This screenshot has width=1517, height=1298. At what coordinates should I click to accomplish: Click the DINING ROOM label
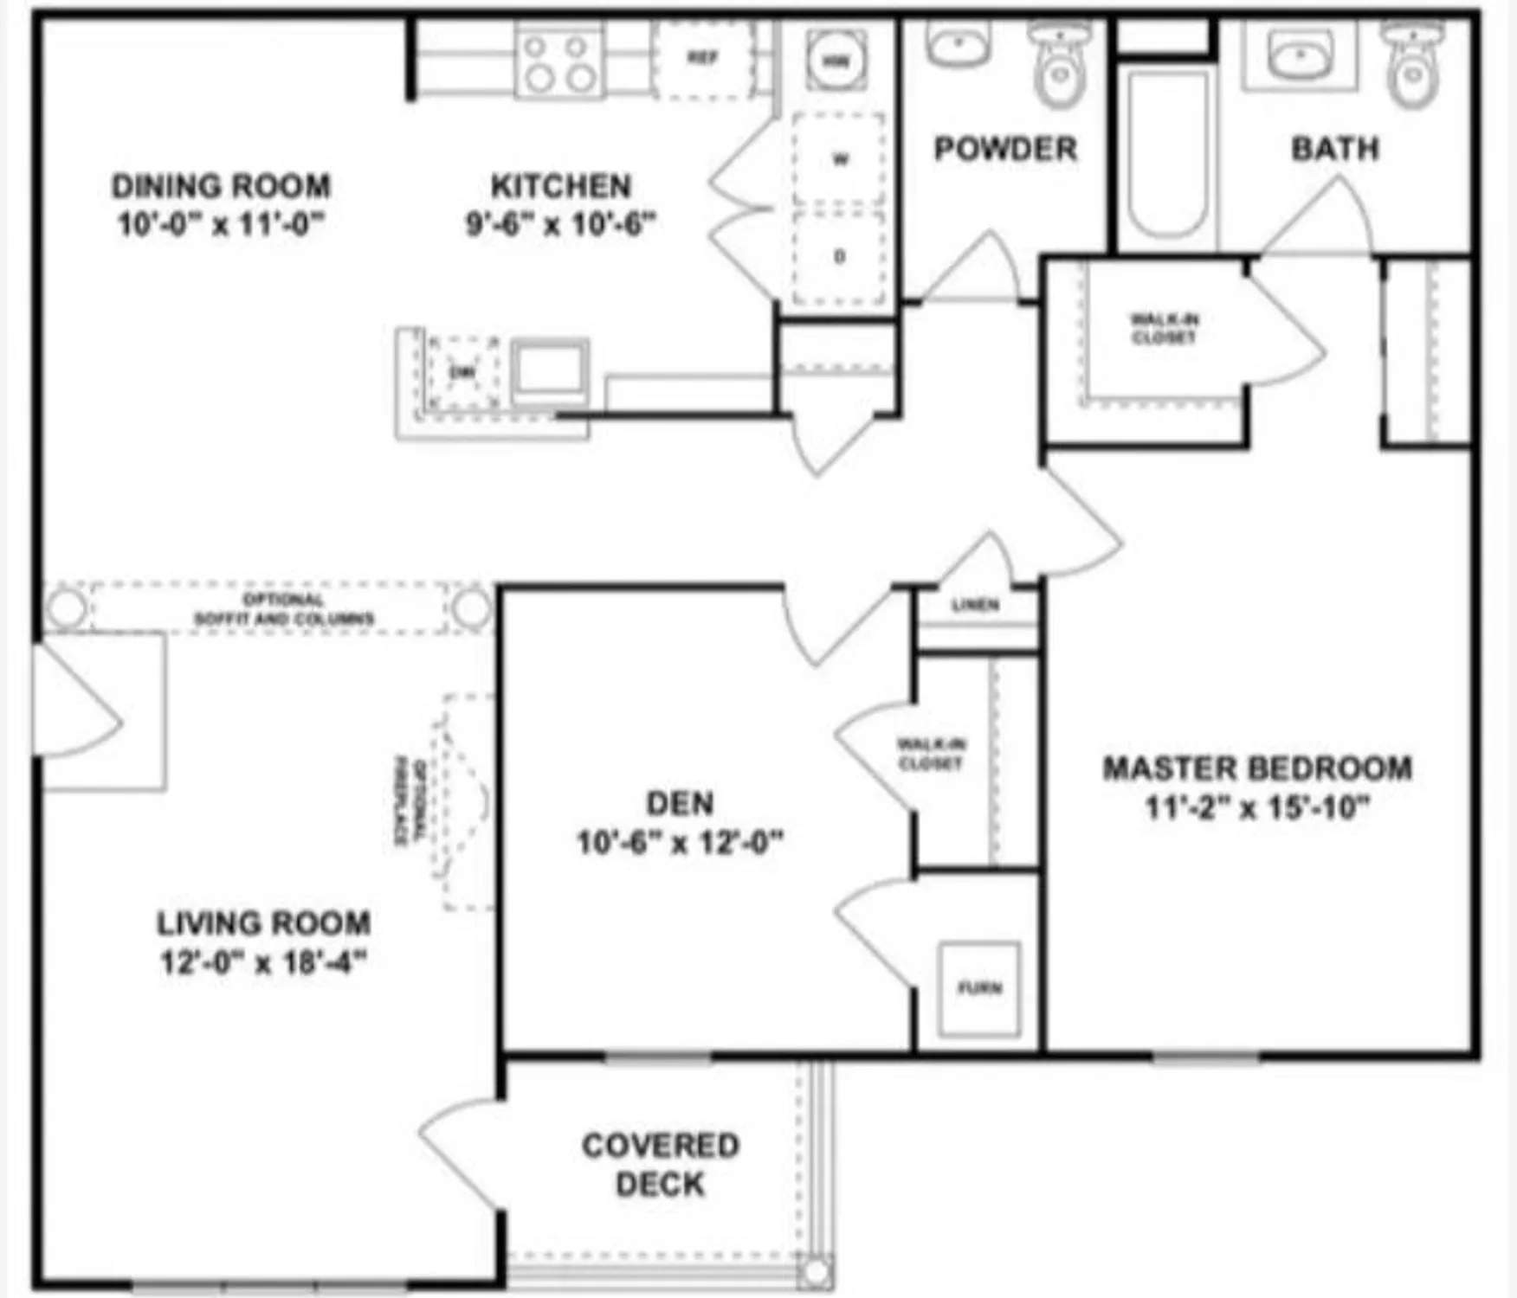pos(221,186)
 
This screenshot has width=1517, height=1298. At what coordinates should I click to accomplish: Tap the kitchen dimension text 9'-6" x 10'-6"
pos(560,224)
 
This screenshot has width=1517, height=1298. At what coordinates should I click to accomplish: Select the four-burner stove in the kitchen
pos(559,61)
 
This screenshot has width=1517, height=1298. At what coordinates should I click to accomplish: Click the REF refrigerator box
pos(702,59)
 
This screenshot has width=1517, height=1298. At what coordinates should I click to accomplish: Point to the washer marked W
pos(839,159)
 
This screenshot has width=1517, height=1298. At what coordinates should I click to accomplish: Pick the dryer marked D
pos(839,257)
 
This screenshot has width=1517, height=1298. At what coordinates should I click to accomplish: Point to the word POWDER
pos(1005,149)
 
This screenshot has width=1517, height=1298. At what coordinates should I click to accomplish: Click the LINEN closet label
pos(976,605)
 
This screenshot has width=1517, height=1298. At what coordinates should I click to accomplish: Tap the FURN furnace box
pos(979,988)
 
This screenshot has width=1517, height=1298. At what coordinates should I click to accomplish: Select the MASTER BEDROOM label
pos(1257,768)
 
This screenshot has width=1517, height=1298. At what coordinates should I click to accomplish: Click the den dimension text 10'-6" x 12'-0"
pos(680,842)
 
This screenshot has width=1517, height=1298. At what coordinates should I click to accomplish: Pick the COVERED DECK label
pos(661,1165)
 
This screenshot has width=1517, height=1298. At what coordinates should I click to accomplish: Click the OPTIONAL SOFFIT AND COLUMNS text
pos(284,609)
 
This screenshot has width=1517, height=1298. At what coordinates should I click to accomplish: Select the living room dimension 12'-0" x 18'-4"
pos(264,962)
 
